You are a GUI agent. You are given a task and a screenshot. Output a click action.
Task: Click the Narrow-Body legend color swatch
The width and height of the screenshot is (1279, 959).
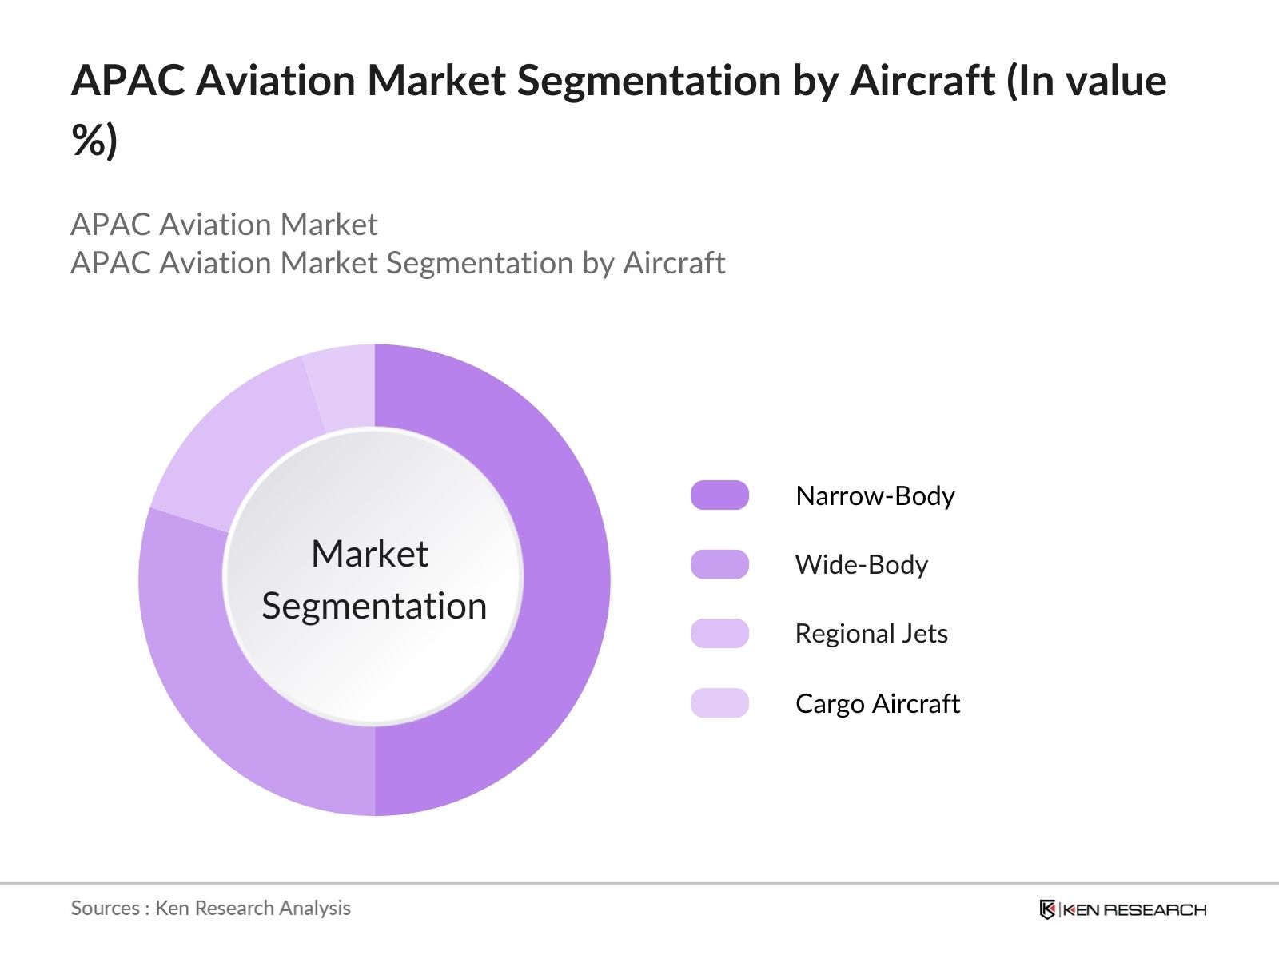pos(719,495)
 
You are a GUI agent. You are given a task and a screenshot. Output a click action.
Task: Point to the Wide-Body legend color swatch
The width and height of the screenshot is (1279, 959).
pos(719,564)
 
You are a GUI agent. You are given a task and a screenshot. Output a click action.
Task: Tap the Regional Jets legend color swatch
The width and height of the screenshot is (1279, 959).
pos(719,633)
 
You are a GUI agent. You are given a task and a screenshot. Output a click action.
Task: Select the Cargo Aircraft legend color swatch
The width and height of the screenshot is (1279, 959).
pos(719,703)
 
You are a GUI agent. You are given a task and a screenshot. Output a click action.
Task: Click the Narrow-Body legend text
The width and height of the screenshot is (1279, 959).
pos(875,496)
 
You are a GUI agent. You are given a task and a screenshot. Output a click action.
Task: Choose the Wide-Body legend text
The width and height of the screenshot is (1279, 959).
pos(861,565)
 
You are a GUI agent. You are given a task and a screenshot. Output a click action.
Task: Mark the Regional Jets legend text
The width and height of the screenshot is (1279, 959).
pos(871,634)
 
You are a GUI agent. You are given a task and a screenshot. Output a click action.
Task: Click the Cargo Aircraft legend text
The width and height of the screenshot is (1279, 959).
pos(877,704)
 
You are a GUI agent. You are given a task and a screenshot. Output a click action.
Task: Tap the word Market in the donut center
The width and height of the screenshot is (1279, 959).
pos(369,554)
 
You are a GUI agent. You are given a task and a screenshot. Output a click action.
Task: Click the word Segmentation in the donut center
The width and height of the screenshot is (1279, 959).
pos(374,606)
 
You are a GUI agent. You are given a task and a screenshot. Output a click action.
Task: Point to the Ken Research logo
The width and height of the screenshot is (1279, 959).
pos(1122,909)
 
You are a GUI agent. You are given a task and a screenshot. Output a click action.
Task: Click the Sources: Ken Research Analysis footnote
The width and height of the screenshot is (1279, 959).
pos(210,908)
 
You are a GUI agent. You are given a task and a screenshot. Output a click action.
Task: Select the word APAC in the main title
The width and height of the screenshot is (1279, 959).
pos(127,81)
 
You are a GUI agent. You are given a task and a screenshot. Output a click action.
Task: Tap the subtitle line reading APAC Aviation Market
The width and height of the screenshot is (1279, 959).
pos(224,225)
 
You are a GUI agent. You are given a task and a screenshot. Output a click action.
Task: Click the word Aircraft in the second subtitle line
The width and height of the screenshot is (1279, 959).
pos(673,263)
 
